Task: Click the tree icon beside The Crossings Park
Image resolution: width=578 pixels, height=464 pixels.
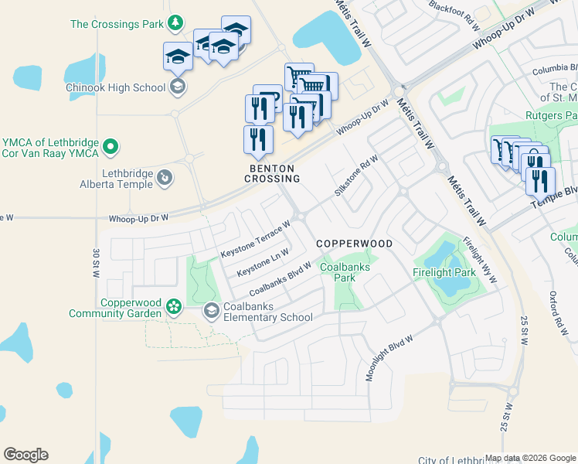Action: [176, 23]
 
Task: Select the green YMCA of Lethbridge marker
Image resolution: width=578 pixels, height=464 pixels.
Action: [110, 145]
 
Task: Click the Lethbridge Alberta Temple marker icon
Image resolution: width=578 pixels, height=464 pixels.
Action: [164, 179]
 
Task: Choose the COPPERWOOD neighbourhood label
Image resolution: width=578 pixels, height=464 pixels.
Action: [355, 244]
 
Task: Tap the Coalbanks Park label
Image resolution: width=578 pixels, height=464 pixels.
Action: [345, 272]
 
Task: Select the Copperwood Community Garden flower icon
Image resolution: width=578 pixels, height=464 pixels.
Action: [174, 309]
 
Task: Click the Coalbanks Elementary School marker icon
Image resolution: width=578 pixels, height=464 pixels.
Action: [210, 311]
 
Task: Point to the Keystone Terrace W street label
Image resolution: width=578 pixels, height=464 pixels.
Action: [254, 240]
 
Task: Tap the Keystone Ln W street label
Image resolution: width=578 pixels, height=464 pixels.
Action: [263, 263]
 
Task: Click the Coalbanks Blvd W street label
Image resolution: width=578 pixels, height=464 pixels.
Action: [280, 280]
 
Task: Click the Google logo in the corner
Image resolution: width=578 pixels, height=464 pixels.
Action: [25, 455]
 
